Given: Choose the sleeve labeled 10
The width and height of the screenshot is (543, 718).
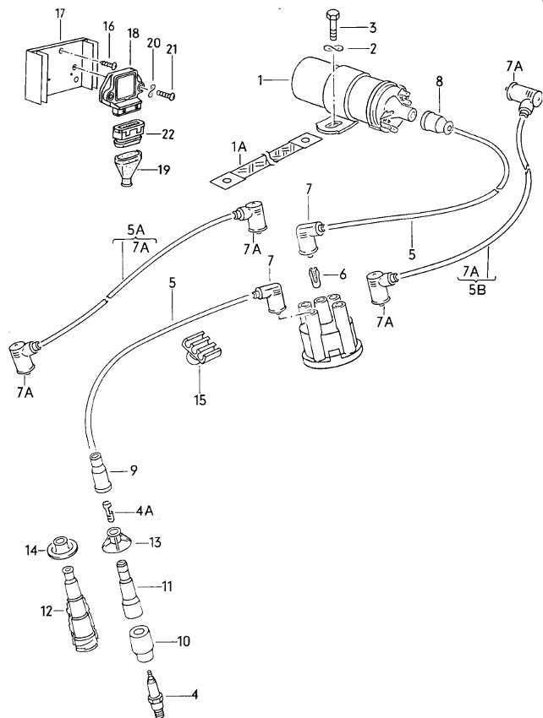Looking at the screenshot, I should click(142, 645).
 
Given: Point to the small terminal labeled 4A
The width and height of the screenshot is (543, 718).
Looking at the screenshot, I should click(107, 509).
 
